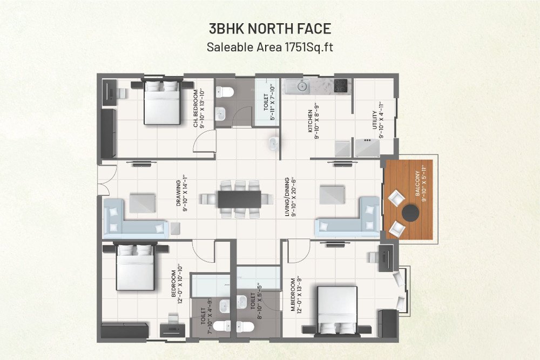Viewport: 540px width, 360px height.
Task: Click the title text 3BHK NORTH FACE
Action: pos(269,29)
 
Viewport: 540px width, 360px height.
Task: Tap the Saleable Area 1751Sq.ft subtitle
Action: pos(269,47)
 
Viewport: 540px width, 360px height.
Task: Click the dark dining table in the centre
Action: pos(239,199)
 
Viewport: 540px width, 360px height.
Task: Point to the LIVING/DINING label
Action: pos(288,196)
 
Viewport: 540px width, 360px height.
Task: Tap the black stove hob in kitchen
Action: pos(341,85)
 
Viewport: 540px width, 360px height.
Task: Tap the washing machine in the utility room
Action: pos(367,147)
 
